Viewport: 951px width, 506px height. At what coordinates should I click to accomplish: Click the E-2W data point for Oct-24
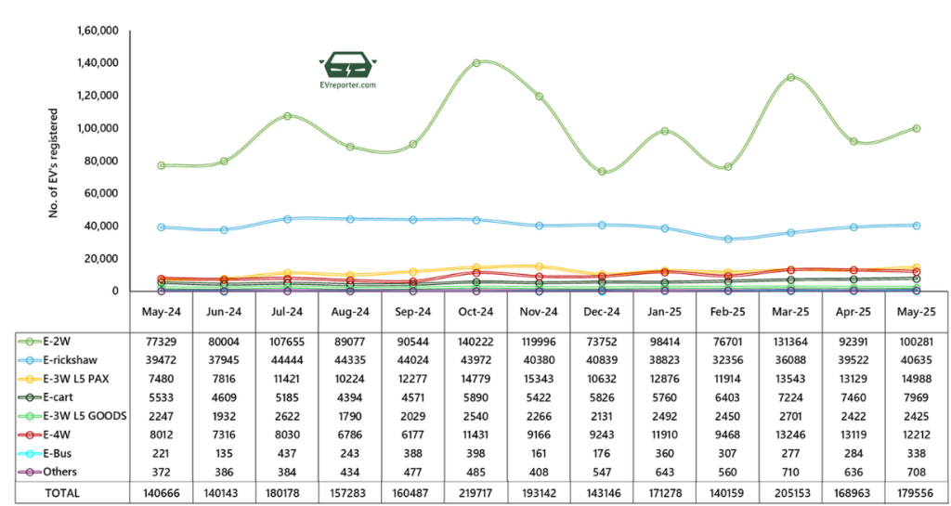coord(476,63)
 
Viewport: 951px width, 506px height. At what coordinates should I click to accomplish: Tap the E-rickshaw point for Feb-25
coord(728,239)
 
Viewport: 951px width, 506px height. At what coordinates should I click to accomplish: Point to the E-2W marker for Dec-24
coord(603,172)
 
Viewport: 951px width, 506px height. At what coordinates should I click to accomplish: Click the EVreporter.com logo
coord(348,71)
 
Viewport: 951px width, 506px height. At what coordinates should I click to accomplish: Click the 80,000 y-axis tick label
coord(97,161)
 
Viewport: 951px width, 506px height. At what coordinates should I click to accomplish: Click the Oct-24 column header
coord(476,311)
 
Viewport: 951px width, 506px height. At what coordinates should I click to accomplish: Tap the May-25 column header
coord(917,311)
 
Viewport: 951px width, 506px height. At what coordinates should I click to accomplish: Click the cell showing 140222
coord(476,342)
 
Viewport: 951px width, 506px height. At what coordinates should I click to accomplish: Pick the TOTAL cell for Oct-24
coord(476,493)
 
